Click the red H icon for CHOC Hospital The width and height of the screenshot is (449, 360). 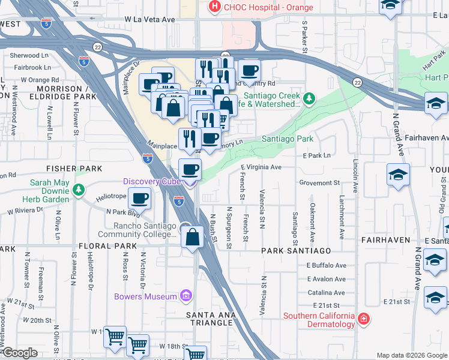(x=213, y=7)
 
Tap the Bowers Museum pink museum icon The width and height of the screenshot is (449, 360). (x=186, y=296)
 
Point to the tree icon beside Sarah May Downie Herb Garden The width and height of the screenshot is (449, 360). (x=78, y=190)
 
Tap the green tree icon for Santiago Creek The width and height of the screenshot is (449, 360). (x=309, y=97)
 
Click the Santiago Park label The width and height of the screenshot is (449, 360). (x=288, y=139)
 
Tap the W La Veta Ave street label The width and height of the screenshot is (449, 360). (x=149, y=20)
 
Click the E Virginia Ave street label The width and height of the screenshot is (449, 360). (x=261, y=167)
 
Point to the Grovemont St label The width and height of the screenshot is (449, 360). (x=319, y=182)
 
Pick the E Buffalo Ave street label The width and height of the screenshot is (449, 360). (x=327, y=265)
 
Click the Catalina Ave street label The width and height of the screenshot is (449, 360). (x=326, y=293)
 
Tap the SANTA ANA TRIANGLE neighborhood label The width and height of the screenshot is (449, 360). (x=209, y=323)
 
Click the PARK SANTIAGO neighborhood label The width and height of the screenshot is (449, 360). (x=297, y=250)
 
